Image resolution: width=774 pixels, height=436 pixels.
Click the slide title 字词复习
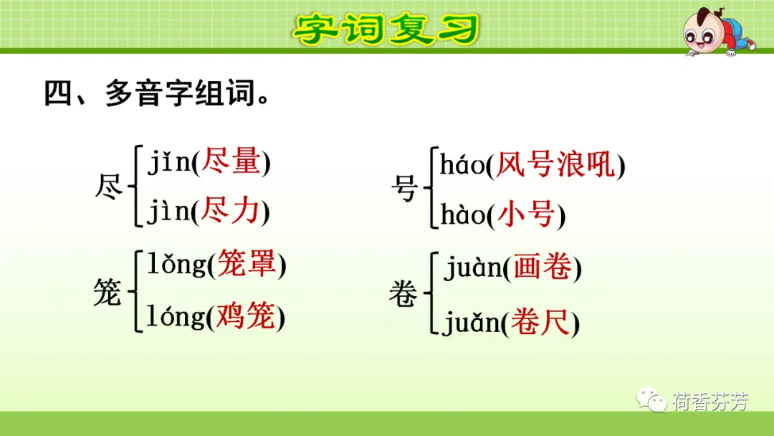point(386,28)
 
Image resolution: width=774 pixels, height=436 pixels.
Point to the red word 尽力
point(231,211)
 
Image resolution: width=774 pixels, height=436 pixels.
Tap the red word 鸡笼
point(246,316)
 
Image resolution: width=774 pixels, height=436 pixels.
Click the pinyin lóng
point(176,316)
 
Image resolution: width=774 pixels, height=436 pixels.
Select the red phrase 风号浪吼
point(556,164)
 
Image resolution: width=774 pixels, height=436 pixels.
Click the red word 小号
point(526,215)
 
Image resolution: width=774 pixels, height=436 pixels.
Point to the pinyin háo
point(462,164)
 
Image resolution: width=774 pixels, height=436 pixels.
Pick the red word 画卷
point(542,267)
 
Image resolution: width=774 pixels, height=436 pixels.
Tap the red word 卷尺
point(540,322)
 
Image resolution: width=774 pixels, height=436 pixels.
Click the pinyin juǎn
point(472,323)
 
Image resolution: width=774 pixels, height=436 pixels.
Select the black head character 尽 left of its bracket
point(109,187)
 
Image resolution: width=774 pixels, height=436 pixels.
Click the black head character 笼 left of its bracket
point(107,293)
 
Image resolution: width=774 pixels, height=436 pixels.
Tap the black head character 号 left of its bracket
point(404,188)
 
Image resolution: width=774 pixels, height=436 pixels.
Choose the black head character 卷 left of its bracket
point(403,293)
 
